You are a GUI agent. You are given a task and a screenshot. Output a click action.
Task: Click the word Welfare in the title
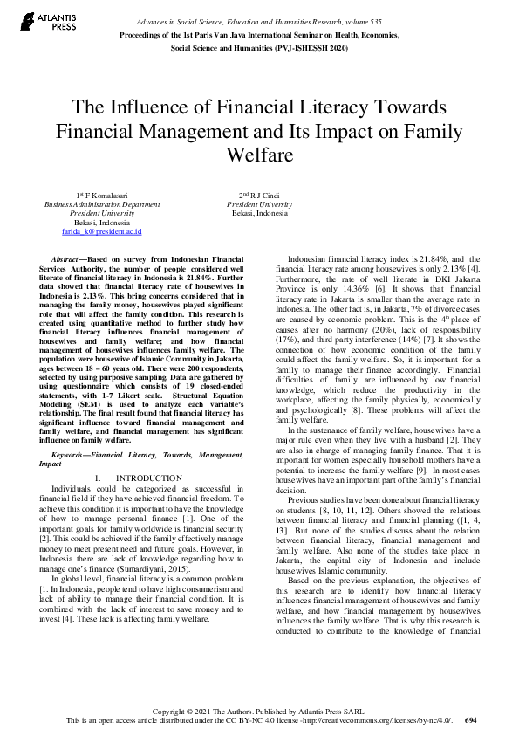[259, 155]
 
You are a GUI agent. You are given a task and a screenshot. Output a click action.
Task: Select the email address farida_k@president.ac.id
[102, 231]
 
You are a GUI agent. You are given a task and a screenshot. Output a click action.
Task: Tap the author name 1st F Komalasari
[102, 195]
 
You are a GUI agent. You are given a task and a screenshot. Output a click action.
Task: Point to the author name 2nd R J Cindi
[260, 195]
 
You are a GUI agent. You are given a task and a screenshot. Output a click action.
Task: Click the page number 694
[471, 721]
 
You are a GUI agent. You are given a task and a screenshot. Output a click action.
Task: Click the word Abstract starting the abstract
[70, 261]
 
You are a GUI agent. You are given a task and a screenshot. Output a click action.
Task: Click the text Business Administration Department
[102, 204]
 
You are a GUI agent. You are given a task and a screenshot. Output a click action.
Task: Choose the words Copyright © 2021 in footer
[180, 712]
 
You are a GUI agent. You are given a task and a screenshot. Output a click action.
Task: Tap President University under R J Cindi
[260, 204]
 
